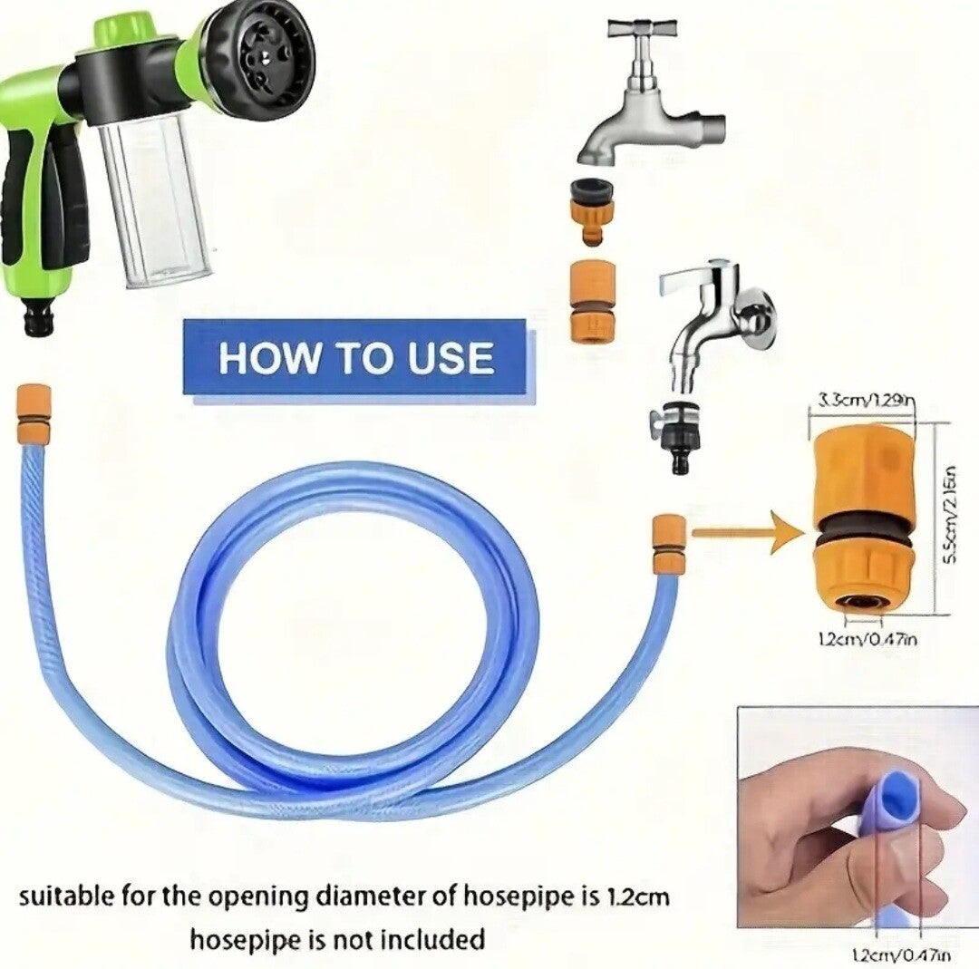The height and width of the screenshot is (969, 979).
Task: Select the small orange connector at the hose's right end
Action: coord(668,543)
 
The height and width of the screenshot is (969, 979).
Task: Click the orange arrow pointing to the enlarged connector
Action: coord(743,532)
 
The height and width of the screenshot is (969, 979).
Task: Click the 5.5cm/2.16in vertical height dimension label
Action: coord(951,516)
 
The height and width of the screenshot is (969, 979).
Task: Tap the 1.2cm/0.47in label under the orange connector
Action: coord(867,639)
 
